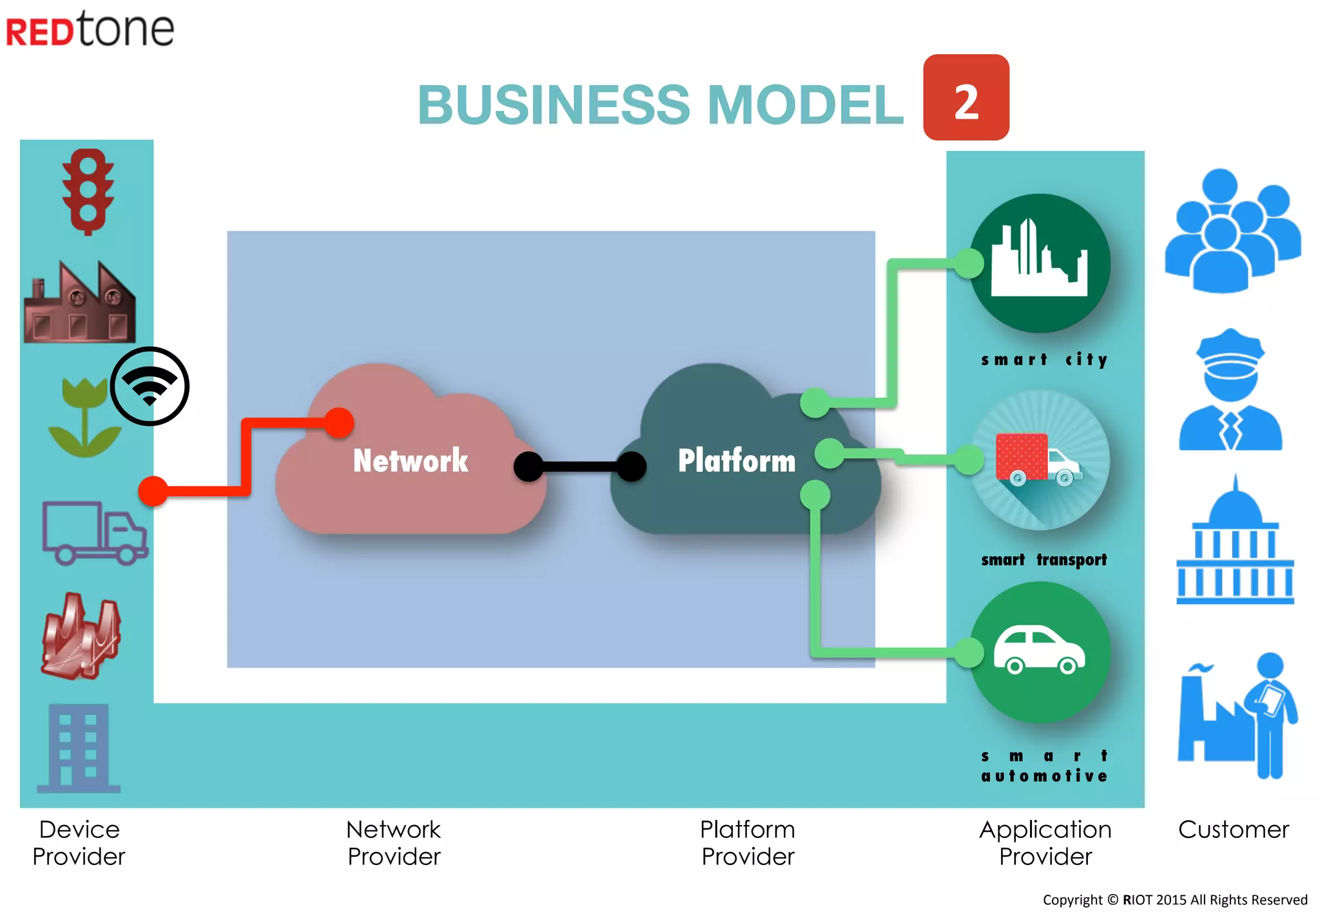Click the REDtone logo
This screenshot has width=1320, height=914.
click(90, 29)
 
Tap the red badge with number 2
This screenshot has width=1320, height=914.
click(966, 97)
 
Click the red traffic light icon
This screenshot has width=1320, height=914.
click(88, 192)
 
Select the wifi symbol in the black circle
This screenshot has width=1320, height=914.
click(150, 386)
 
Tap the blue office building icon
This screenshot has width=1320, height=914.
click(79, 748)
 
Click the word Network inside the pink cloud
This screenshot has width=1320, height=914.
click(411, 461)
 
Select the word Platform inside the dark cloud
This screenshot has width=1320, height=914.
click(737, 461)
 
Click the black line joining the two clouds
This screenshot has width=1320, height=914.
click(580, 467)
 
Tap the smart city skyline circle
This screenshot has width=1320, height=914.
click(1040, 264)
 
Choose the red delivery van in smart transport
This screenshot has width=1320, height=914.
click(1038, 460)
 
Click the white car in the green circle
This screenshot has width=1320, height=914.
click(1039, 650)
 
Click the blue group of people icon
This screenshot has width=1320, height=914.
click(1232, 231)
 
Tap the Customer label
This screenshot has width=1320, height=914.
click(1234, 830)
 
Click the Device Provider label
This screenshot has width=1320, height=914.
click(79, 843)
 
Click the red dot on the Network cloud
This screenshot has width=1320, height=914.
click(339, 423)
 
